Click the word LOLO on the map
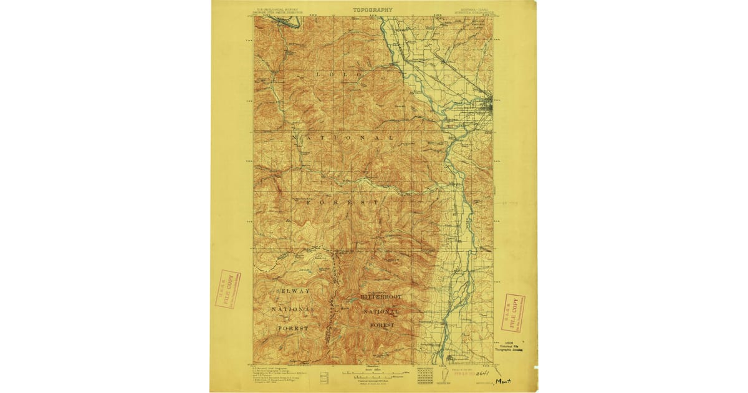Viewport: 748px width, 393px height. (339, 74)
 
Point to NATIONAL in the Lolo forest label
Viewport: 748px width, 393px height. (343, 137)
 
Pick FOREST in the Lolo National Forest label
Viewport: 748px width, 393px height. (342, 203)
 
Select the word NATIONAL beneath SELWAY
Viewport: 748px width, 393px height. (294, 309)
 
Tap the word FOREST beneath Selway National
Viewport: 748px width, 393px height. (294, 327)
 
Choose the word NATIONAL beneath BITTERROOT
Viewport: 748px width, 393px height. (381, 311)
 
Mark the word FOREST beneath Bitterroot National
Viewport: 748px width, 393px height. (381, 325)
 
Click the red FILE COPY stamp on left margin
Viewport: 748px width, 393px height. (228, 289)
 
